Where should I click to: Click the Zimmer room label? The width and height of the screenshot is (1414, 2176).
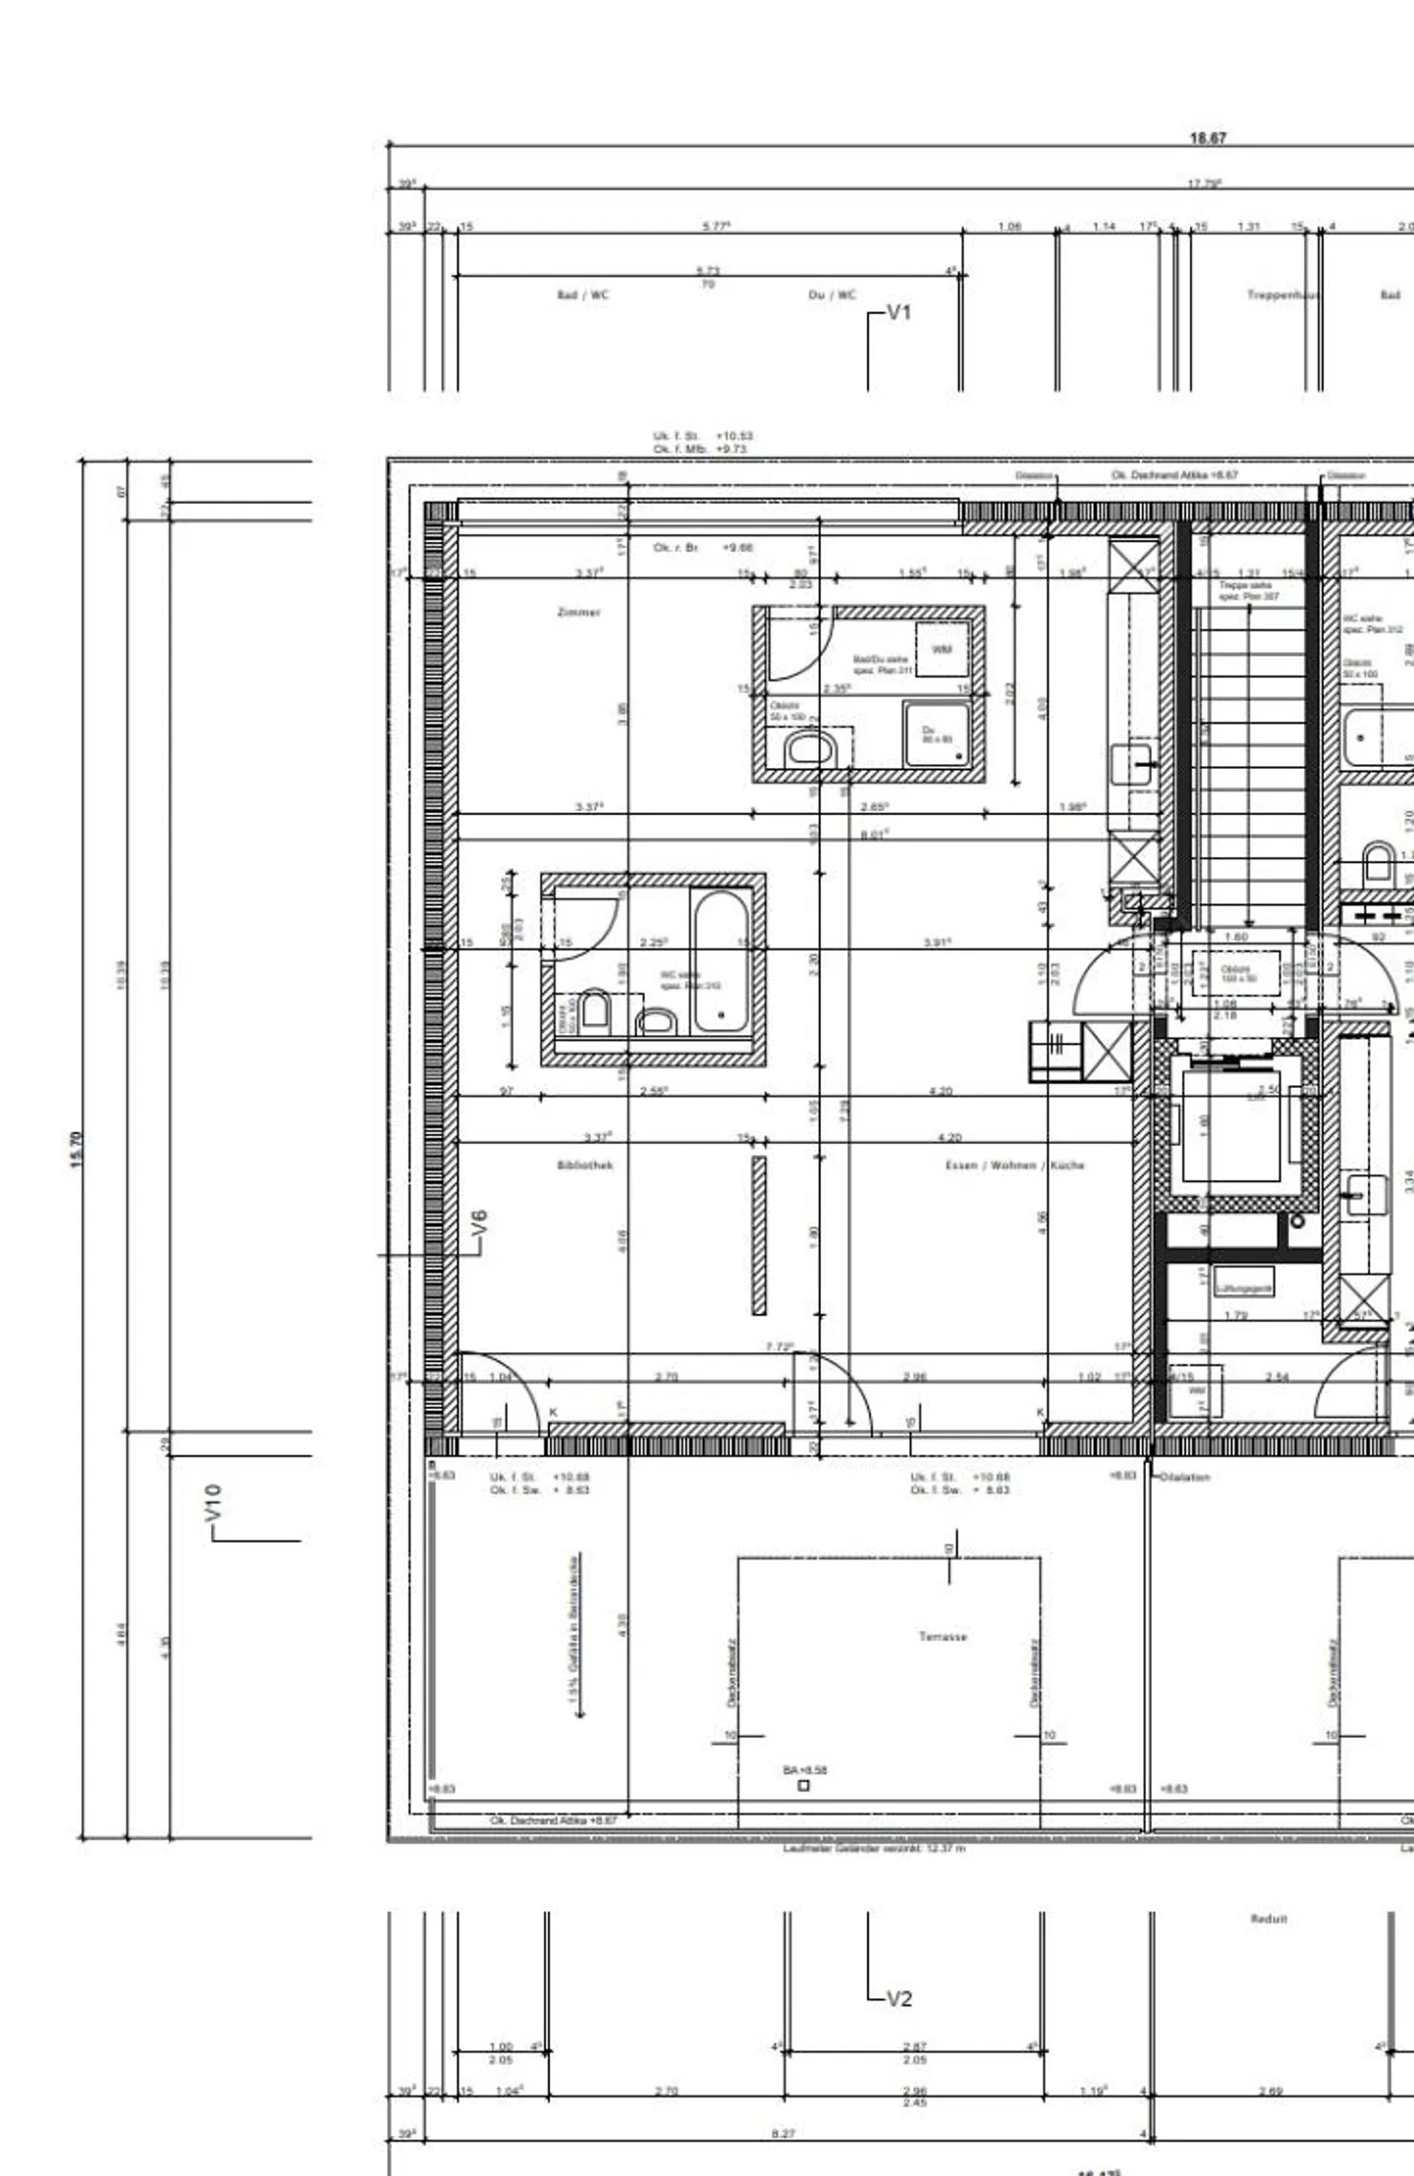click(578, 613)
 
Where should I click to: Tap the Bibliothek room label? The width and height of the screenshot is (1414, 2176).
click(585, 1166)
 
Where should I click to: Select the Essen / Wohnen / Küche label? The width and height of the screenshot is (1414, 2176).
click(1014, 1166)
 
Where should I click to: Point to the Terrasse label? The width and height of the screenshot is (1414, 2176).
click(943, 1637)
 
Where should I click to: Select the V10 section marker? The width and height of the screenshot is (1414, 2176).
click(214, 1503)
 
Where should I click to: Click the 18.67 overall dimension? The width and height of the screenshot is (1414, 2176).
click(1208, 138)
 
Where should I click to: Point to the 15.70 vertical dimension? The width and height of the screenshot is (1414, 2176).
click(78, 1149)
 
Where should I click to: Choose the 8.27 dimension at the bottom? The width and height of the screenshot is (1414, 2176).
click(783, 2134)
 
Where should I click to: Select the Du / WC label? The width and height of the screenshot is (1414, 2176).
click(832, 295)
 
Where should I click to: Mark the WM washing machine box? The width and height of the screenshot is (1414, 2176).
click(942, 649)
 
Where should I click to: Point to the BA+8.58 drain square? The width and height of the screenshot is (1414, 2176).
click(804, 1785)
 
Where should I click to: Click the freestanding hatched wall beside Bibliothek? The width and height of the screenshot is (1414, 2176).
click(759, 1235)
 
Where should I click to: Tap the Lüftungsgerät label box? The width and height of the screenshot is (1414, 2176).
click(1244, 1288)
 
